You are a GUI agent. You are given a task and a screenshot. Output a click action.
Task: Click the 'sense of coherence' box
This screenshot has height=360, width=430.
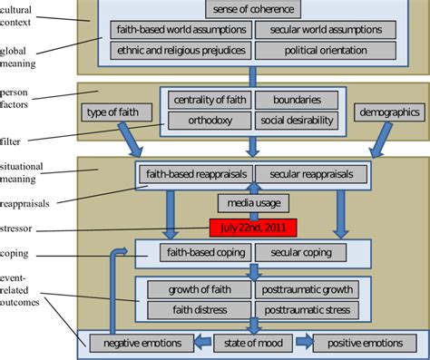pos(250,9)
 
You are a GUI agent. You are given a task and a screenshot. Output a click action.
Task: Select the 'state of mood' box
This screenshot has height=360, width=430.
pos(250,342)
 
